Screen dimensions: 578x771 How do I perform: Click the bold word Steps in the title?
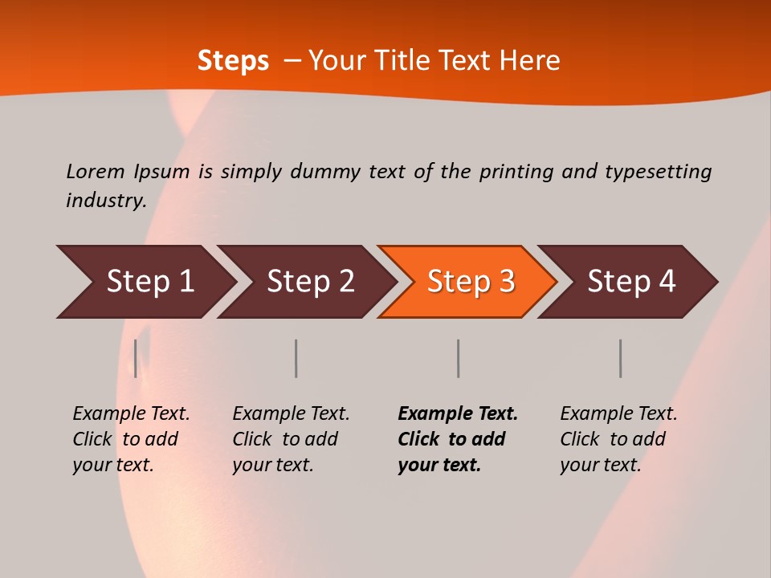tap(233, 61)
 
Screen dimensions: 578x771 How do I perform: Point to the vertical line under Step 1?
tap(136, 358)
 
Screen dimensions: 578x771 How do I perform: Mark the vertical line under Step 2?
tap(296, 358)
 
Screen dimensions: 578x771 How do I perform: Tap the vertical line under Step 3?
tap(458, 358)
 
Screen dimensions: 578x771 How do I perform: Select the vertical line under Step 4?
tap(620, 358)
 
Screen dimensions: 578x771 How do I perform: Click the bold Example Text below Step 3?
tap(458, 414)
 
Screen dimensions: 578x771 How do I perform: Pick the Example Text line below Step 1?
tap(131, 414)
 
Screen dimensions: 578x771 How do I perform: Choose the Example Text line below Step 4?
tap(618, 414)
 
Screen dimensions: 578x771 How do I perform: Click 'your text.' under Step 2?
tap(273, 465)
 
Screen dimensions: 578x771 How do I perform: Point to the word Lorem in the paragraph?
tap(96, 172)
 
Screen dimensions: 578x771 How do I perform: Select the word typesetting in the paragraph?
tap(658, 172)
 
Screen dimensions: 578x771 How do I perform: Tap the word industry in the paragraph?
tap(105, 201)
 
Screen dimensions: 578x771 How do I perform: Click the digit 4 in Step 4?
tap(667, 282)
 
